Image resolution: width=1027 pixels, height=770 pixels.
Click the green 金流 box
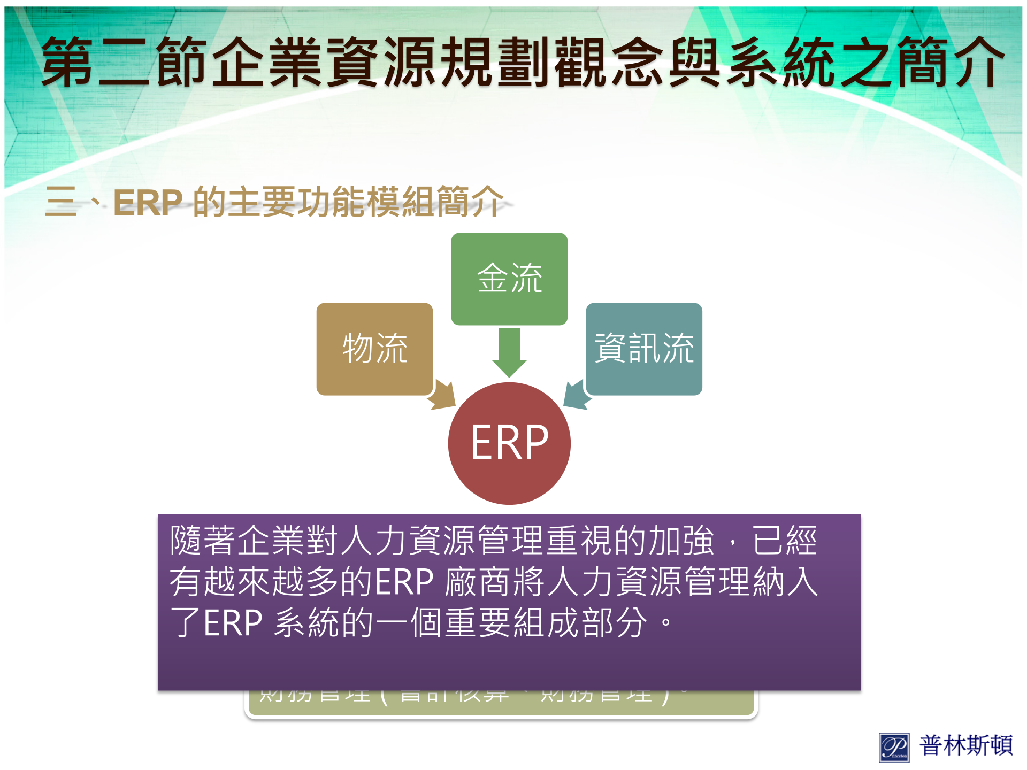click(509, 279)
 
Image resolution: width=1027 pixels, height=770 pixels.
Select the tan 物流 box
click(374, 349)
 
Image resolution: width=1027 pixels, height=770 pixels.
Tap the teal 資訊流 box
click(644, 349)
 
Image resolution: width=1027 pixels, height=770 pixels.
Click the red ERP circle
click(509, 443)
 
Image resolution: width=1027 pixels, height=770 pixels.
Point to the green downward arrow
click(509, 352)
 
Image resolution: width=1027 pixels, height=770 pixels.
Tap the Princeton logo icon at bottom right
click(894, 747)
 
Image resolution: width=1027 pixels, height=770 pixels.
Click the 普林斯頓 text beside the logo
click(966, 745)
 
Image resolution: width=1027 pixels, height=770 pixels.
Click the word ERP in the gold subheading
click(148, 203)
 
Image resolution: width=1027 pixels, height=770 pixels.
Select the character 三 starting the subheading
click(60, 202)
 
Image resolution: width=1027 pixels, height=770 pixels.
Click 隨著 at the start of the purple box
click(203, 540)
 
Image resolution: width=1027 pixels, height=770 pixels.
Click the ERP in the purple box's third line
click(233, 623)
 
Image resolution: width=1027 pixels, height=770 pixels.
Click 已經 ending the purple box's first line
click(785, 540)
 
